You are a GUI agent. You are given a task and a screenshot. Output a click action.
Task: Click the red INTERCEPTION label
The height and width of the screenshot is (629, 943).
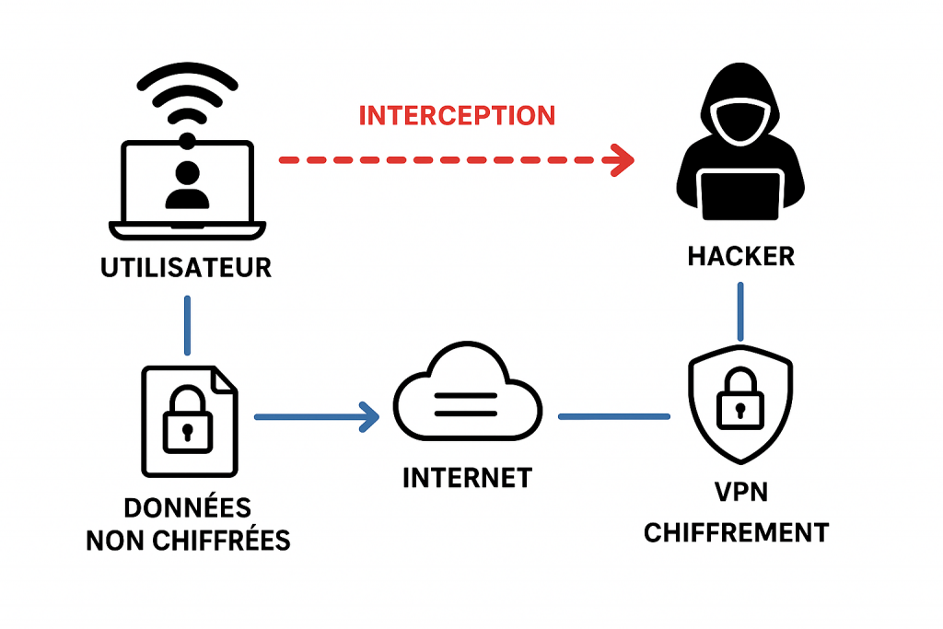457,116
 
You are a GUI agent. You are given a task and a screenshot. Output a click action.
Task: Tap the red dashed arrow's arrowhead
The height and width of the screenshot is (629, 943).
623,161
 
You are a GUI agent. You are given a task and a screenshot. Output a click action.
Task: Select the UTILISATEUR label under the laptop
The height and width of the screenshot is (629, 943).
187,268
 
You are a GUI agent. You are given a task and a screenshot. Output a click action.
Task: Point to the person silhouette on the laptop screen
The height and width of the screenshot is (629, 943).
187,184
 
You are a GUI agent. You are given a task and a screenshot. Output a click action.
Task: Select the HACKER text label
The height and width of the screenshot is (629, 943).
741,256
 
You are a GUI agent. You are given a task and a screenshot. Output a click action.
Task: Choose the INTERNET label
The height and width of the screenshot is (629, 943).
467,478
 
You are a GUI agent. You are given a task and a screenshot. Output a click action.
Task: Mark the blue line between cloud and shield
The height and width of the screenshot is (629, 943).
614,417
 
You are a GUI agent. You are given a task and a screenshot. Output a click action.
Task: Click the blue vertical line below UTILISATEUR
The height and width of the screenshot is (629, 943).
188,325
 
